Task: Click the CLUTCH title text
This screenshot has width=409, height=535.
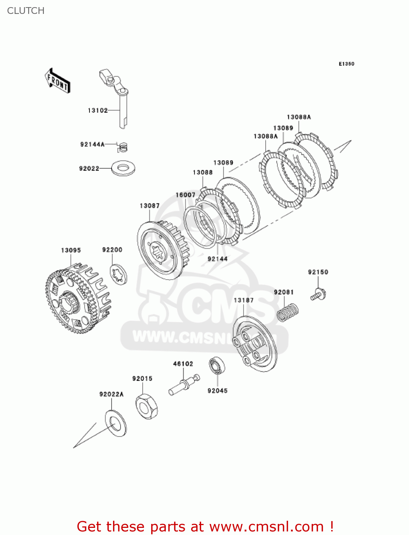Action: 26,11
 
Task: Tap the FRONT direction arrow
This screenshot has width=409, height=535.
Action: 57,81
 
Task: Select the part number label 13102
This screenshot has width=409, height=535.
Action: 98,111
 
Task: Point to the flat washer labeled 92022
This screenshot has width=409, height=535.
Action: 123,168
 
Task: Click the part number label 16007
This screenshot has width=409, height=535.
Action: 185,195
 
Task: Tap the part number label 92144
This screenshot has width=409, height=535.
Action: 218,259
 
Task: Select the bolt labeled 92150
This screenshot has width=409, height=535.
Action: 318,295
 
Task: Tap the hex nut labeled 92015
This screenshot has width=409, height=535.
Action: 147,406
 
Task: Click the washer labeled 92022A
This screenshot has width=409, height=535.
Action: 116,423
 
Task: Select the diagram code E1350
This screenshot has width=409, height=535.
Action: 346,64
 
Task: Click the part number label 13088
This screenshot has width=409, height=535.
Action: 203,173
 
